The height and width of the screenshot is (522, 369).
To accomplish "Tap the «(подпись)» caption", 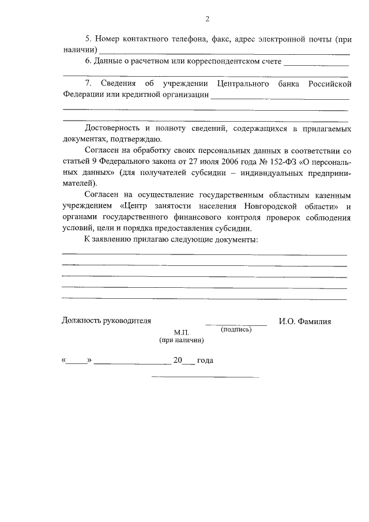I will (236, 329).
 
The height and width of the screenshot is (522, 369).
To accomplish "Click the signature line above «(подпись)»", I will (236, 325).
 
